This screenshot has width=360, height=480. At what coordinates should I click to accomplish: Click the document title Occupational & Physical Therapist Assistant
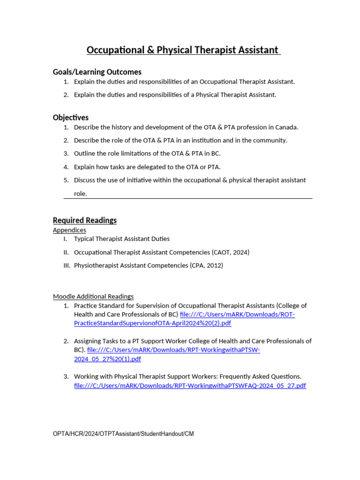coord(183,50)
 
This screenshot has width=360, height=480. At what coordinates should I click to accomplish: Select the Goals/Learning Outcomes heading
coord(97,72)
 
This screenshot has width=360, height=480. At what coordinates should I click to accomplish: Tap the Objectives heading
coord(71,117)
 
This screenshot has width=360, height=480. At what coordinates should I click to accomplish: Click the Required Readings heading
coord(85,220)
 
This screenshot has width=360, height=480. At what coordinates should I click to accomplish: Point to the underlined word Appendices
coord(69,230)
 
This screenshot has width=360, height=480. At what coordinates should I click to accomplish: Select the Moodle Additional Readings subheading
coord(93,296)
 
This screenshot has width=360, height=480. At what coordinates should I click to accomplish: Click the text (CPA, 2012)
coord(206,265)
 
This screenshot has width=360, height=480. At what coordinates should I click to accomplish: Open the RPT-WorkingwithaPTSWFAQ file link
coord(190,385)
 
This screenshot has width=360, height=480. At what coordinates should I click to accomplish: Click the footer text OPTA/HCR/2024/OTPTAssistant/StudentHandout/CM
coord(123,434)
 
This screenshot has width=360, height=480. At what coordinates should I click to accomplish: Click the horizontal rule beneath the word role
coord(187,199)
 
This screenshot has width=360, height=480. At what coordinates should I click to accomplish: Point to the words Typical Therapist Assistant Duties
coord(122,239)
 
